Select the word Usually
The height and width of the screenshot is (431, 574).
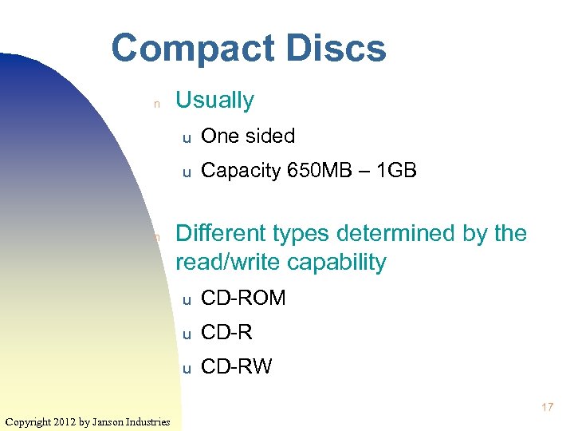214,101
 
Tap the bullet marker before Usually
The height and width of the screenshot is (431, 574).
157,103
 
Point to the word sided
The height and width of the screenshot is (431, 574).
269,136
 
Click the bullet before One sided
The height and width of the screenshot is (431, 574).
185,138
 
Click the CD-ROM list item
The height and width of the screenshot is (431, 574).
243,299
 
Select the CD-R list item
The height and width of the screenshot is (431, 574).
226,332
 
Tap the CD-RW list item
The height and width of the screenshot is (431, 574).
237,366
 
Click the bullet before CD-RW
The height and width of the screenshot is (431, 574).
185,369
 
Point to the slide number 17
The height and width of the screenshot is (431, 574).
548,408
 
